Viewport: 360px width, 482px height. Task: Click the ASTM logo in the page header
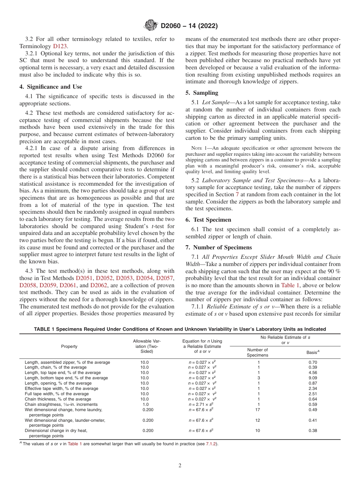coord(152,26)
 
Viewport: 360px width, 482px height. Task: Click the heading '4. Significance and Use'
coord(50,87)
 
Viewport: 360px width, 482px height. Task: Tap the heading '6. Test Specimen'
coord(208,220)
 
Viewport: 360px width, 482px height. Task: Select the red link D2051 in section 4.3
coord(85,278)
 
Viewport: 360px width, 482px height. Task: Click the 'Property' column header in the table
coord(69,346)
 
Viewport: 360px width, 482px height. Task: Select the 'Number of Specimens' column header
coord(257,352)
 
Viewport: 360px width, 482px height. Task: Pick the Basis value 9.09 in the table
coord(313,378)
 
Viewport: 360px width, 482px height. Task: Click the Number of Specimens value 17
coord(258,410)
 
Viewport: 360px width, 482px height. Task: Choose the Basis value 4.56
coord(313,372)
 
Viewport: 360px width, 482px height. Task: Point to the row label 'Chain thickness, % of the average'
coord(58,399)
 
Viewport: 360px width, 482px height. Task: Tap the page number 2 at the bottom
coord(180,466)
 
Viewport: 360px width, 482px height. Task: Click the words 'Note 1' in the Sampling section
coord(199,148)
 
